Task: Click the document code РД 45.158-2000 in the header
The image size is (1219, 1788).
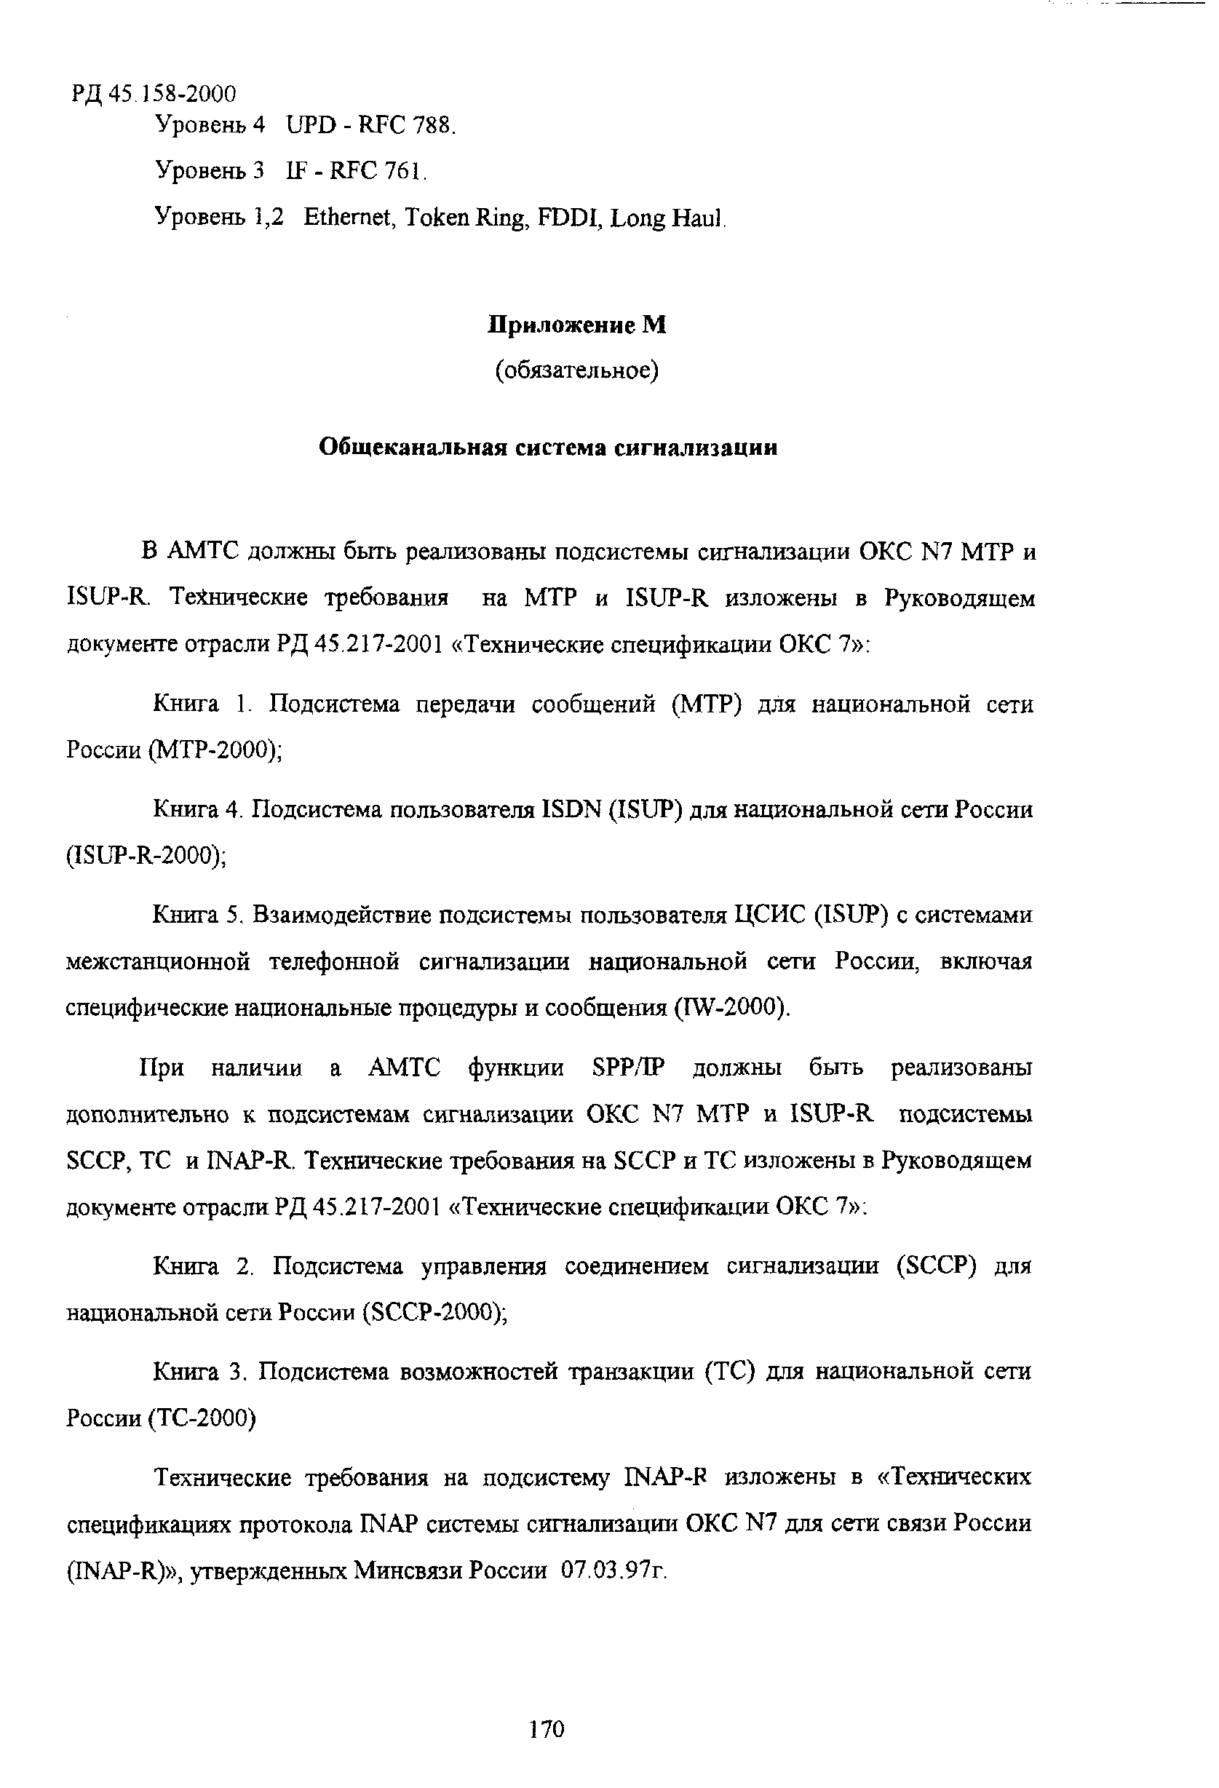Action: click(x=154, y=94)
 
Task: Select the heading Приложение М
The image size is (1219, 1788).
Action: click(x=577, y=325)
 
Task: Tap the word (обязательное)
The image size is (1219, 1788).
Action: click(x=577, y=372)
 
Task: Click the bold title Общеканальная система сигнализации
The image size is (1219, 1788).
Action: click(x=548, y=448)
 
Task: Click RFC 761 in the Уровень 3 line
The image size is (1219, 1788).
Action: click(x=377, y=171)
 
